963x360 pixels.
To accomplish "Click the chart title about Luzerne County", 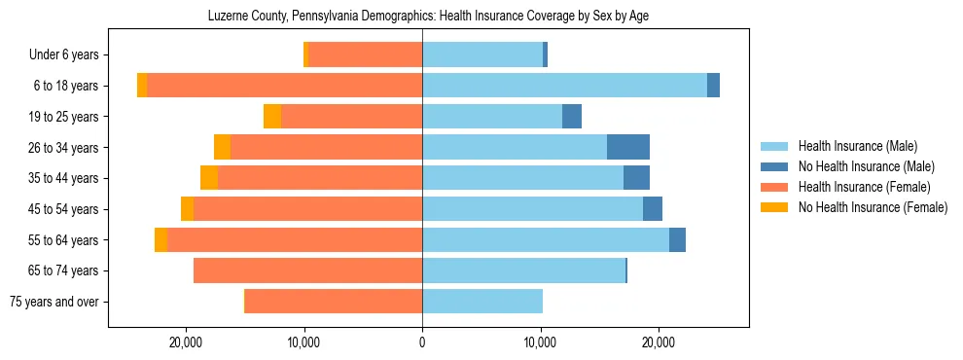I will tap(428, 17).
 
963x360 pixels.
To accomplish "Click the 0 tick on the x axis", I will tap(422, 342).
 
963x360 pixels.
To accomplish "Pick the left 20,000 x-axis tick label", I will tap(185, 342).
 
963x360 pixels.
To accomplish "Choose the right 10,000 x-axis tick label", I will tap(540, 342).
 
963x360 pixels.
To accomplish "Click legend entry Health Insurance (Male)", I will tap(857, 146).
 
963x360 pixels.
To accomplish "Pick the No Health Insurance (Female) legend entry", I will tap(873, 207).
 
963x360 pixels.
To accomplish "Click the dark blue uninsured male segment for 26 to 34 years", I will tap(628, 147).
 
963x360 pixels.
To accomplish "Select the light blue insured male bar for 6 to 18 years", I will tap(564, 86).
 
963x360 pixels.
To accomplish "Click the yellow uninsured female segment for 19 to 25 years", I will tap(272, 116).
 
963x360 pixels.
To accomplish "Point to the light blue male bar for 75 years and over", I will tap(482, 302).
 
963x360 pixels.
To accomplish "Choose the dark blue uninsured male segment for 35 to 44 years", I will tap(636, 178).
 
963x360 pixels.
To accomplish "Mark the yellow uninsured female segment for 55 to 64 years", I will tap(160, 239).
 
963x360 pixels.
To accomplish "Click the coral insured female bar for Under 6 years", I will tap(365, 54).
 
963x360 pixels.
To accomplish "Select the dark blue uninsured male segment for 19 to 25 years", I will tap(572, 116).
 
